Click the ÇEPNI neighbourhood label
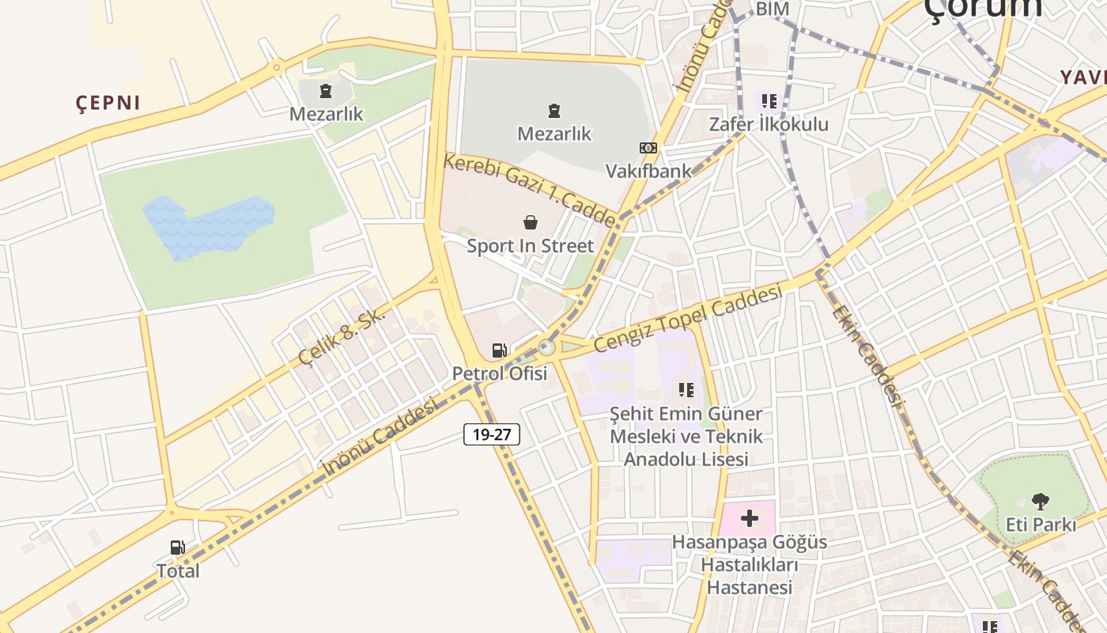(108, 103)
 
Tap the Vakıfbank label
(648, 170)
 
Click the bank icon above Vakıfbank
(648, 148)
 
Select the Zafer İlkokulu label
(769, 124)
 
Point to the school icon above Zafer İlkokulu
(769, 101)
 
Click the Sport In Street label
(530, 246)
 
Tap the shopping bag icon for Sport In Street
(530, 223)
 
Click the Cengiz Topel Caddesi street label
(687, 318)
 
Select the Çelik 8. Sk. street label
(342, 336)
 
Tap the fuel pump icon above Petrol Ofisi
(499, 350)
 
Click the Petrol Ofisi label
(499, 373)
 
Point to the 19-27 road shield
(491, 434)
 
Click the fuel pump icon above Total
(177, 547)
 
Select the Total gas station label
(177, 570)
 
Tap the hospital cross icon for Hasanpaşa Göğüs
(749, 519)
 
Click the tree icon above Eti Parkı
(1041, 501)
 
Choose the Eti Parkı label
(1041, 525)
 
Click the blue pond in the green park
(207, 226)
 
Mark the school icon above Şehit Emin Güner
(686, 389)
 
